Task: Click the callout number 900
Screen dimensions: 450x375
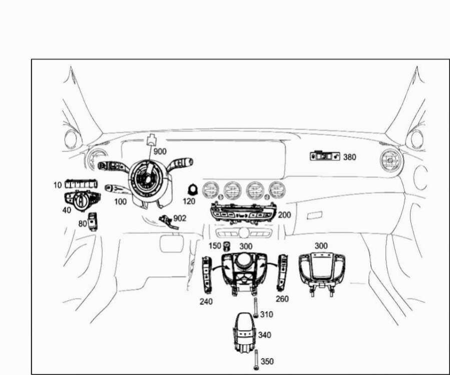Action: (x=160, y=151)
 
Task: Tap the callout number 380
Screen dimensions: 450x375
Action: (x=349, y=157)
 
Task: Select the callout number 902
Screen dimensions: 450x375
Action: (x=180, y=218)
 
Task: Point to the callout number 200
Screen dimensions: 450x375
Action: (x=284, y=214)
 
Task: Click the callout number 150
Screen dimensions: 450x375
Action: (x=215, y=245)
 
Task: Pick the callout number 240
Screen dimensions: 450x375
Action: (x=206, y=301)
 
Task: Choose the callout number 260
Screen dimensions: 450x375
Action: (x=282, y=298)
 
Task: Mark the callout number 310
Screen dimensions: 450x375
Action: (x=267, y=314)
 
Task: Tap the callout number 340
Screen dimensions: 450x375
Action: (x=265, y=335)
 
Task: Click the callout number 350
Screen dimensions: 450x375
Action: (x=267, y=361)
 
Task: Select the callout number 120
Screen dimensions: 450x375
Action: (x=189, y=201)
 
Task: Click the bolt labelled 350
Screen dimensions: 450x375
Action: (x=256, y=360)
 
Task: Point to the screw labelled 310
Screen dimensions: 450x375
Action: (x=255, y=307)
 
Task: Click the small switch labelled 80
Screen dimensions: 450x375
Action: (x=93, y=221)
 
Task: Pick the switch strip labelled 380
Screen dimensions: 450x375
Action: (x=325, y=155)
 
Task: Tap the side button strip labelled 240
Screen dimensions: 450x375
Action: (x=207, y=275)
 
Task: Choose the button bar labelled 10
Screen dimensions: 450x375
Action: (x=81, y=184)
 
